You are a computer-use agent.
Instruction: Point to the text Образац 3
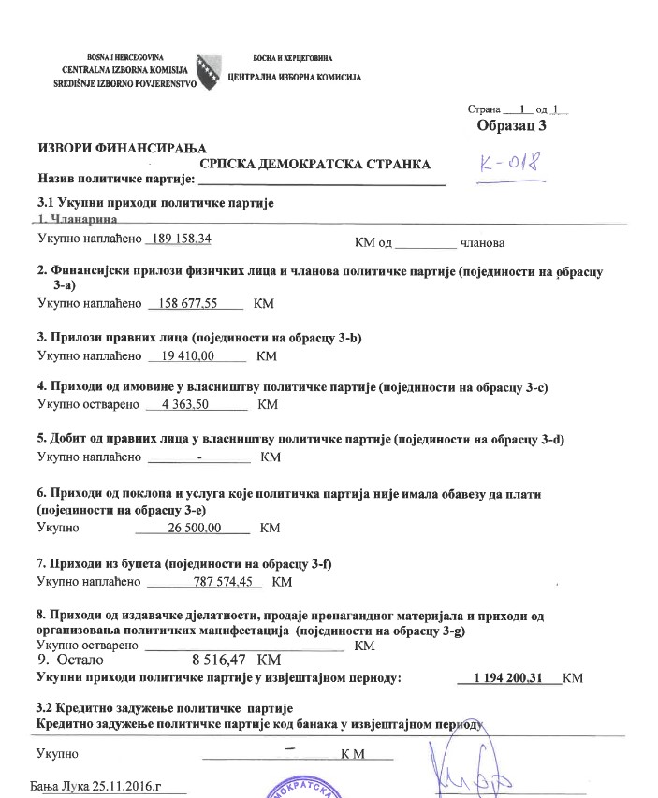click(x=511, y=124)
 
